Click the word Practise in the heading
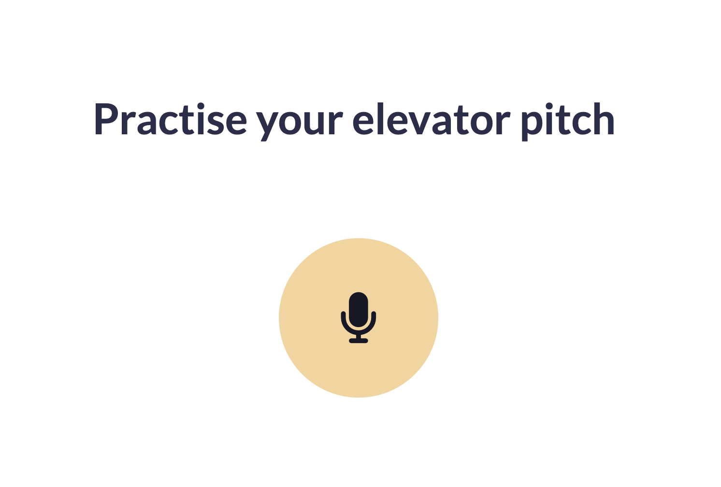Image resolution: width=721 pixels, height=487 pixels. [x=170, y=119]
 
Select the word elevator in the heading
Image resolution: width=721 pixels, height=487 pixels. [x=432, y=119]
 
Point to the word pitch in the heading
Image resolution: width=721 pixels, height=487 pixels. [x=568, y=122]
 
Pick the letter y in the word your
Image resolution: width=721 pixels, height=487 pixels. [x=266, y=124]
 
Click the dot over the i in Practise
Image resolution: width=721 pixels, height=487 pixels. [x=201, y=106]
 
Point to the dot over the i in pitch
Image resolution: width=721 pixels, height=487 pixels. [x=549, y=106]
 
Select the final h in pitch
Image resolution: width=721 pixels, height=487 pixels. [x=604, y=118]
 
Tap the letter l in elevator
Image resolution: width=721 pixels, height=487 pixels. [x=380, y=118]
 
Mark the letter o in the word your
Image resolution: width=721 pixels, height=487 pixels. [x=290, y=121]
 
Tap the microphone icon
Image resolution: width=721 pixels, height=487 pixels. [x=358, y=317]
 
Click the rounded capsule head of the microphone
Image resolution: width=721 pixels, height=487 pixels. [x=358, y=309]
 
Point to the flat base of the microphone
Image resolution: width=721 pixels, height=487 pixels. [x=358, y=341]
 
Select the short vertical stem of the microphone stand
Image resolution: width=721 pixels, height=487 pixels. [x=358, y=336]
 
